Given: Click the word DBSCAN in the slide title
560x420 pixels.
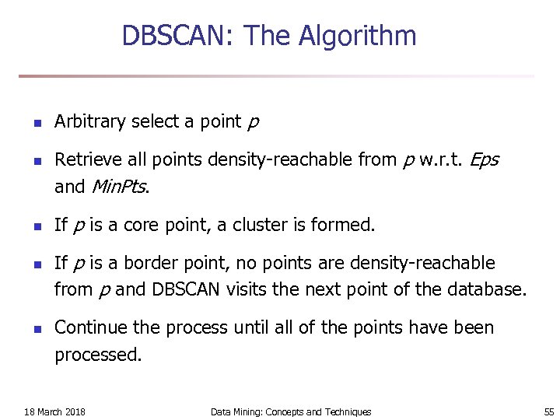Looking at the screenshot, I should pyautogui.click(x=178, y=36).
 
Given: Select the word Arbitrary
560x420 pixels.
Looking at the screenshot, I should pyautogui.click(x=89, y=121).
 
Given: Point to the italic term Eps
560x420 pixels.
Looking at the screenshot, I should pyautogui.click(x=484, y=160).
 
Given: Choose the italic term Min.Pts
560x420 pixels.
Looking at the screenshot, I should pyautogui.click(x=119, y=187).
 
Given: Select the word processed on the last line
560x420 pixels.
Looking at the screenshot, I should pyautogui.click(x=98, y=355).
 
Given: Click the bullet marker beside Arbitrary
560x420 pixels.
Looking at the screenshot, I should pyautogui.click(x=26, y=123).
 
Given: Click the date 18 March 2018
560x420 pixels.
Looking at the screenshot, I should pyautogui.click(x=54, y=411).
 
